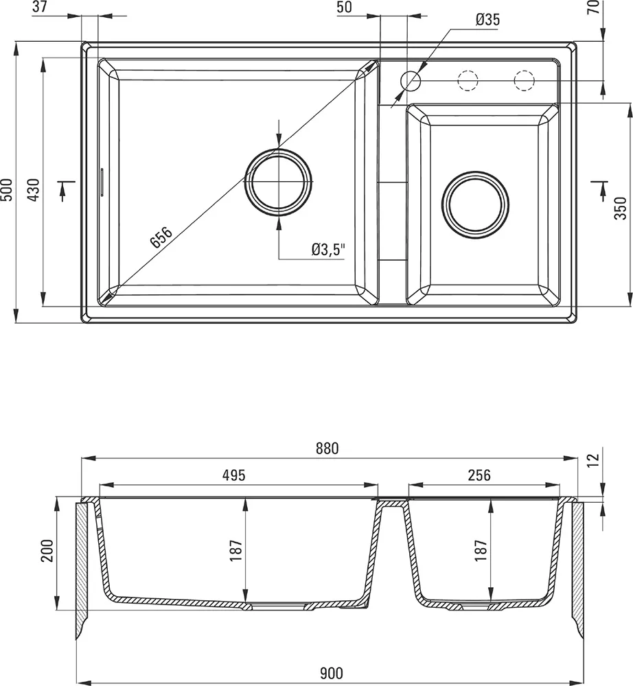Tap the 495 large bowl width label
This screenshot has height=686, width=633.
click(234, 475)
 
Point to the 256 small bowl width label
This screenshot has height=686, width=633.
click(479, 475)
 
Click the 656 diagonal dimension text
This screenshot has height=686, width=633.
click(161, 237)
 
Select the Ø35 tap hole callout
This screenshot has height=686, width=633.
click(487, 20)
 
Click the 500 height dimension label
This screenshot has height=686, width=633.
click(7, 189)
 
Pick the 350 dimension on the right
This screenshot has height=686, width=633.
click(621, 207)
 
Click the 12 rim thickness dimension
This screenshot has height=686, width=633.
click(594, 459)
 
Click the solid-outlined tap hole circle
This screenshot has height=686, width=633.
click(411, 81)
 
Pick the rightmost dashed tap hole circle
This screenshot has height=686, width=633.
click(524, 81)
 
